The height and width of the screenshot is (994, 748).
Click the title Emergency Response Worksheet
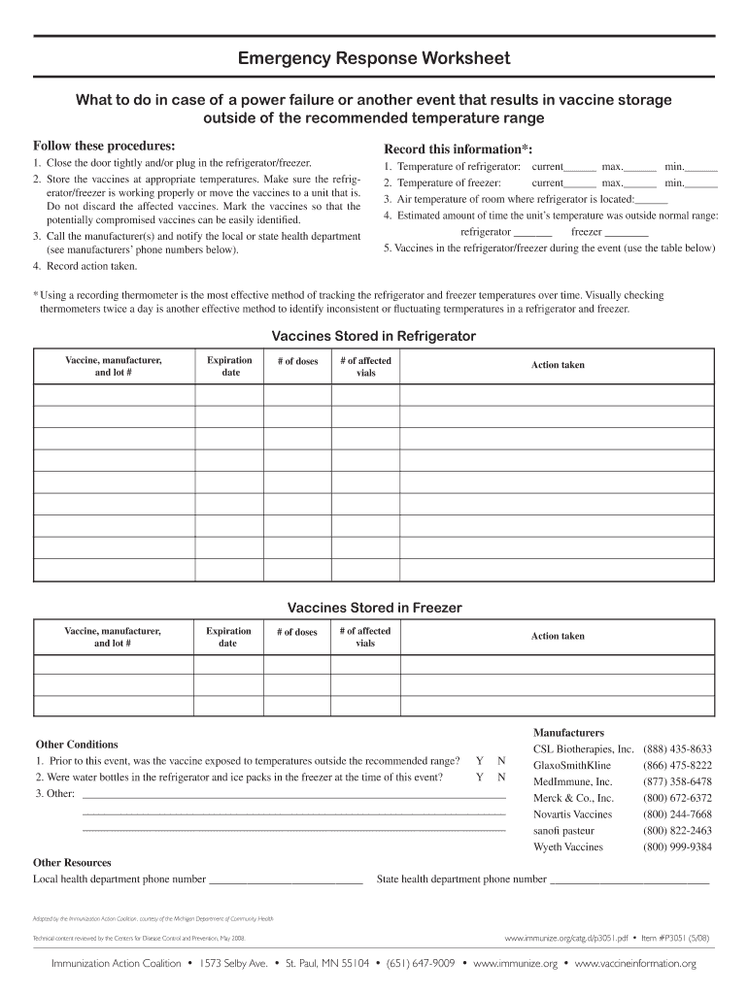click(x=374, y=59)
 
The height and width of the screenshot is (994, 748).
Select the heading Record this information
click(x=458, y=149)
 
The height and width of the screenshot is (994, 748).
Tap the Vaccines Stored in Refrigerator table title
click(x=374, y=336)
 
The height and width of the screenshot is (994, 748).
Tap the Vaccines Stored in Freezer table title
click(x=374, y=608)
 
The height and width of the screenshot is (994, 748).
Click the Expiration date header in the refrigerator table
click(x=230, y=366)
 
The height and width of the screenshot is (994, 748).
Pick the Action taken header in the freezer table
click(x=558, y=636)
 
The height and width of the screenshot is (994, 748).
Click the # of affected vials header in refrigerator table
click(x=365, y=366)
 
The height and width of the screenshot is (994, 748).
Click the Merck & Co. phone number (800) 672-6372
click(x=677, y=798)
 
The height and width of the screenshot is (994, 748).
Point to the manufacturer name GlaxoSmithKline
click(x=572, y=765)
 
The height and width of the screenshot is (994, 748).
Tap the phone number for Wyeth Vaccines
click(x=677, y=846)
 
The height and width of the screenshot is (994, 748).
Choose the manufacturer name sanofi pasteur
click(x=563, y=831)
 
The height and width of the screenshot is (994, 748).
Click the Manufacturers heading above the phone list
click(x=568, y=732)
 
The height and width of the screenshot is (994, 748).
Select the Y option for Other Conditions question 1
click(x=479, y=761)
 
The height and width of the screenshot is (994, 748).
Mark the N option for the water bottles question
click(x=501, y=778)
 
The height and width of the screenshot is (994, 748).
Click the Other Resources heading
click(x=72, y=862)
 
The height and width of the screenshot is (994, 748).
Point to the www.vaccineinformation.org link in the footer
click(x=635, y=963)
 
